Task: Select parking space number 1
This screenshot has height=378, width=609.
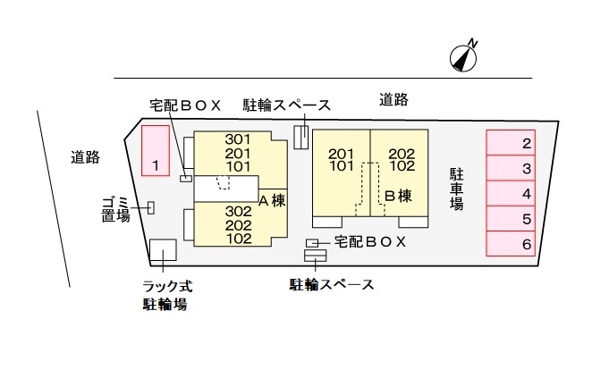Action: tap(156, 149)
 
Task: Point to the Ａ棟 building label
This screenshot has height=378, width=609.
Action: tap(272, 200)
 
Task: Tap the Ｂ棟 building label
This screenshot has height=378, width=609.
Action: tap(398, 195)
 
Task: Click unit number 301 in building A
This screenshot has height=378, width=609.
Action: tap(238, 139)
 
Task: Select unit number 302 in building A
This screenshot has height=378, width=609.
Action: tap(238, 212)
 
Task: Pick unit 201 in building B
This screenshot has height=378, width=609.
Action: tap(342, 153)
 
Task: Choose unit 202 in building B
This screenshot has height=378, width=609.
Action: tap(402, 153)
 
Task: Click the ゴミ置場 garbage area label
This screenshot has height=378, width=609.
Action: tap(115, 209)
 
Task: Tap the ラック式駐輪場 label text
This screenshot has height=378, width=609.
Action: tap(167, 296)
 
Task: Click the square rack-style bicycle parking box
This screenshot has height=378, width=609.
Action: tap(163, 249)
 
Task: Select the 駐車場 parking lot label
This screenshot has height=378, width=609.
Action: tap(456, 189)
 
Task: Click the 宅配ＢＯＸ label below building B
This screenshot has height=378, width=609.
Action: tap(370, 241)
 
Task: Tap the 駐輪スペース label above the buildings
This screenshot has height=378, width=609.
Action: tap(287, 105)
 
